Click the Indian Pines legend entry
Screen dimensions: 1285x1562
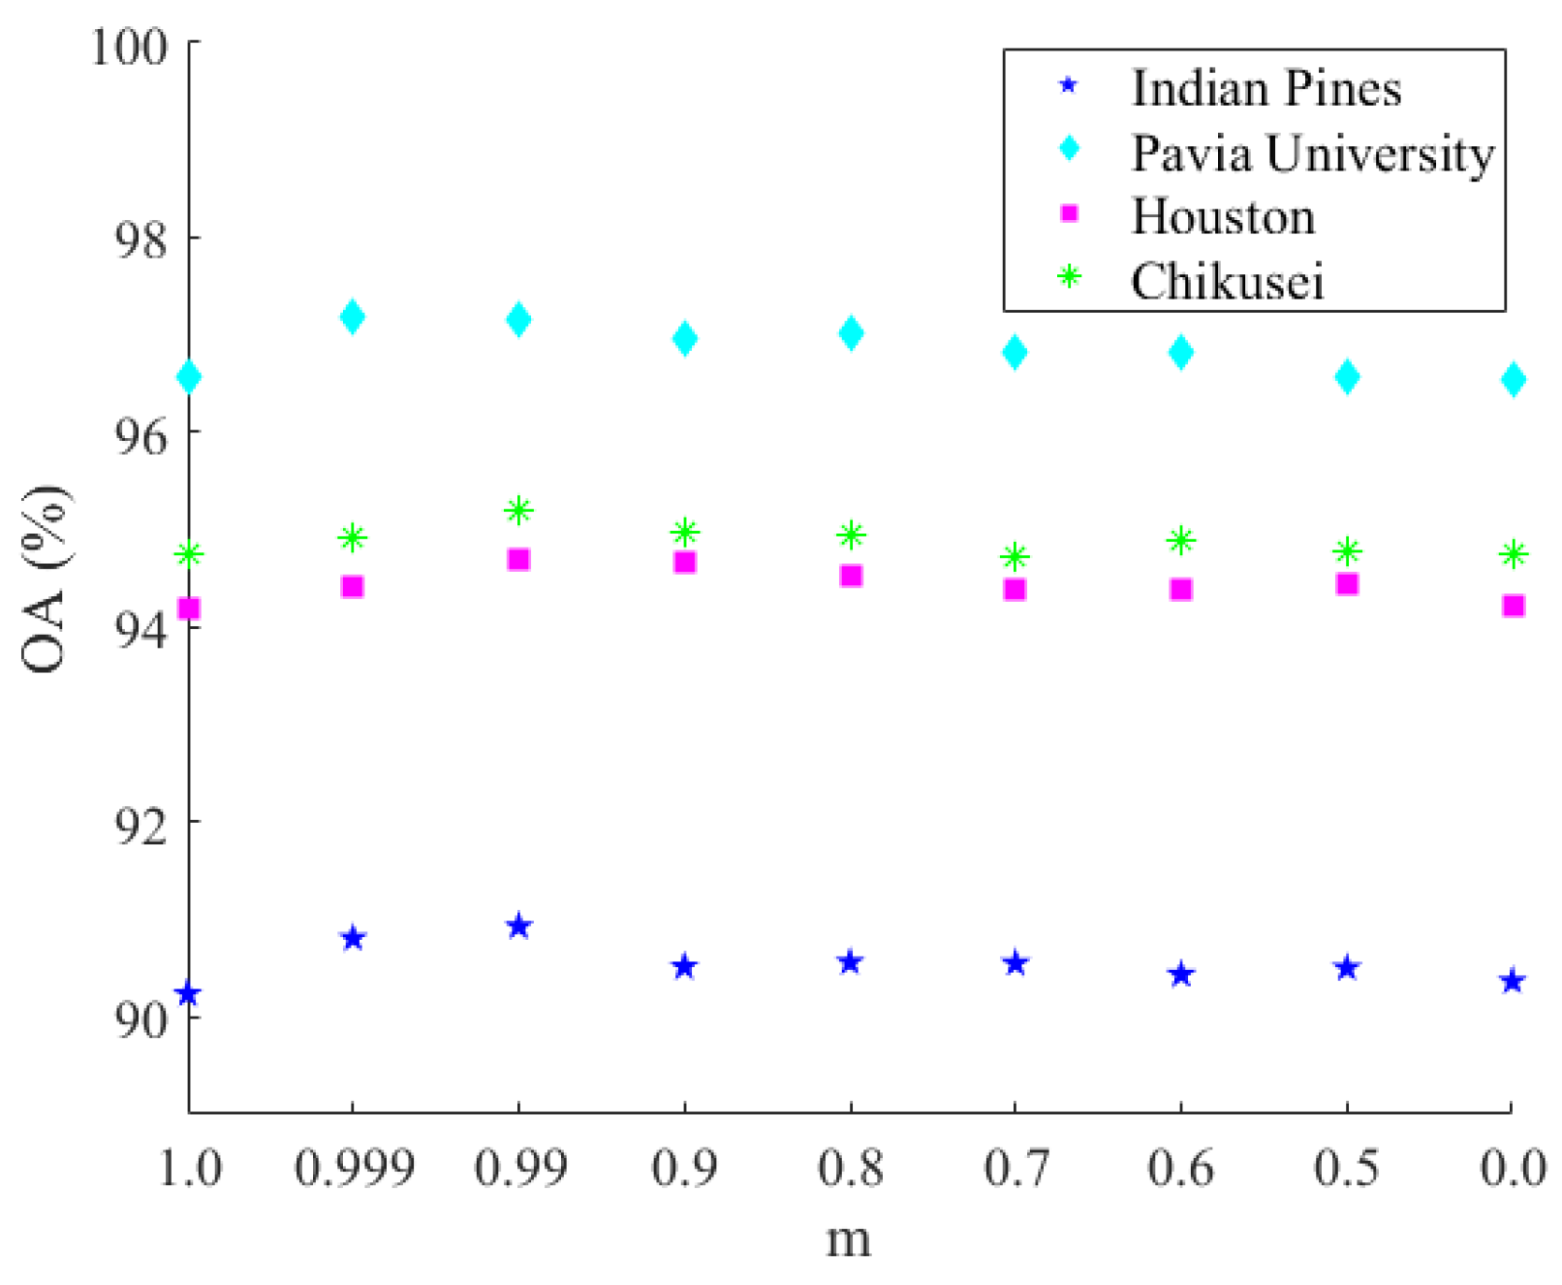1265,89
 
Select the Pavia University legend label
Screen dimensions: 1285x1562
1312,153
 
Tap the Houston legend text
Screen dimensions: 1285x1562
1223,217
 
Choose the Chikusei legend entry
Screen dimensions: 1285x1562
1227,282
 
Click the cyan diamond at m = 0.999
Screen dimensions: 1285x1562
353,317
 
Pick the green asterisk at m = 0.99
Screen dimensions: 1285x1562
518,510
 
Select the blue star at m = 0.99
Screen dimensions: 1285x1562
518,926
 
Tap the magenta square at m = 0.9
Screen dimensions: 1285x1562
685,562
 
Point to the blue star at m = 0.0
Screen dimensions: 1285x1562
1513,982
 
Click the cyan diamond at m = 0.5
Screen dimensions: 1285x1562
1347,377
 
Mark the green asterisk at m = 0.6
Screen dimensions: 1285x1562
1180,540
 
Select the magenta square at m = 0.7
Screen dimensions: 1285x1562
1015,589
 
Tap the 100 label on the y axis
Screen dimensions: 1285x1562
130,46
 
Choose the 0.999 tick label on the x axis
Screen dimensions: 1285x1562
355,1168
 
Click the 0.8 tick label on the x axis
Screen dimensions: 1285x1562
851,1168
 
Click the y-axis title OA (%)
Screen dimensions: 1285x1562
45,580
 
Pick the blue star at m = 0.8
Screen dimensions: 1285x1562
850,962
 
